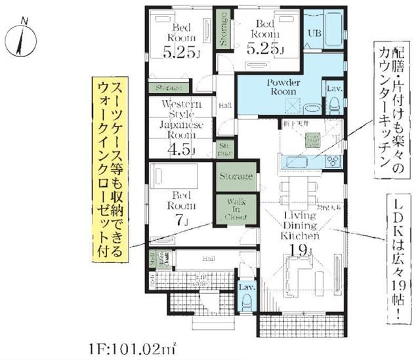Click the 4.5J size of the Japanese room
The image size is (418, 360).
[181, 149]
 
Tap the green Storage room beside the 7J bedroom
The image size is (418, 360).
[235, 176]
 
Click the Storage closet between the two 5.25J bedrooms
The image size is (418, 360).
[223, 29]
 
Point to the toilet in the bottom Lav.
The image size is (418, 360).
[247, 301]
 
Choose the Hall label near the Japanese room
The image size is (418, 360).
[224, 106]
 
